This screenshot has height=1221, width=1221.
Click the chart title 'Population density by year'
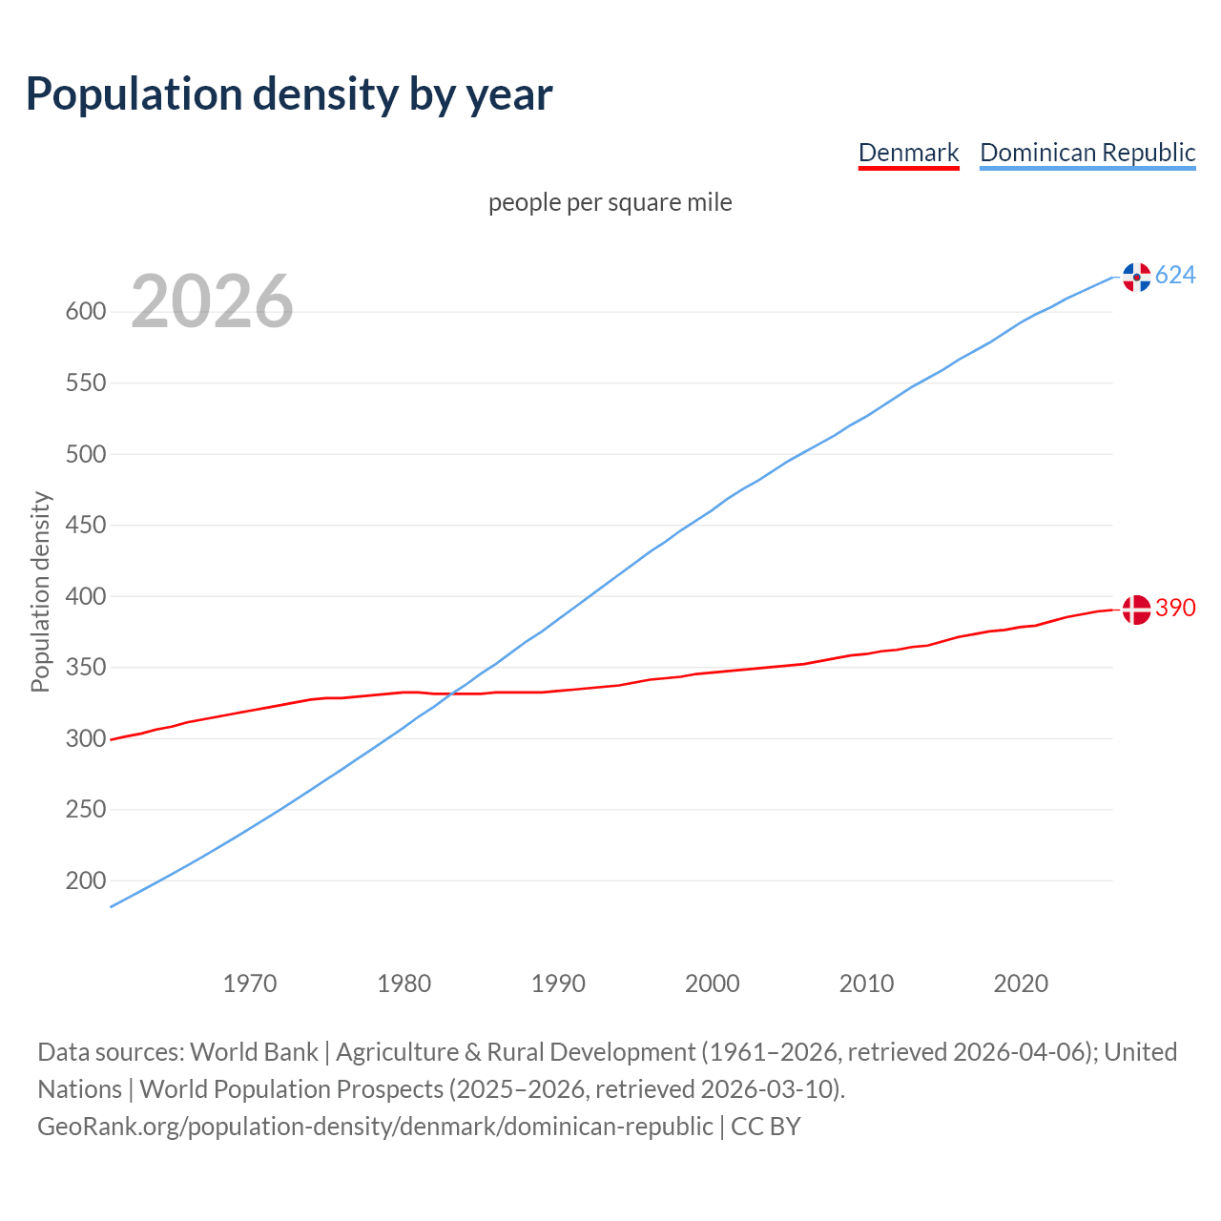tap(289, 93)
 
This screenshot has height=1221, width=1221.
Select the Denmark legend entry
tap(908, 153)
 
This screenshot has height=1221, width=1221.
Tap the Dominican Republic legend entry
tap(1087, 153)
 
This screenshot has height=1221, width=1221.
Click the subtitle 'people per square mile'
tap(610, 202)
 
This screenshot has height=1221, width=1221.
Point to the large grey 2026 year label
tap(212, 301)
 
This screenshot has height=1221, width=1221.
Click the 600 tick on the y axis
tap(86, 312)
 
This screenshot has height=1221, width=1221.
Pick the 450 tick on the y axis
tap(86, 526)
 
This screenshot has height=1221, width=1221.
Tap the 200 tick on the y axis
tap(86, 880)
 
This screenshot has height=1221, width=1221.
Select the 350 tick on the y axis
tap(86, 668)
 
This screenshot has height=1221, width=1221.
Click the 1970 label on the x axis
tap(250, 983)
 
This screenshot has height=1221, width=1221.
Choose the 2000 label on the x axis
tap(713, 983)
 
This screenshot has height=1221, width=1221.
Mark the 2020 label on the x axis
tap(1021, 983)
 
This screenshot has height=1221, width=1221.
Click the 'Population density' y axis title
tap(40, 591)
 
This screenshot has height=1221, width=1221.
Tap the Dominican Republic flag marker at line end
tap(1136, 277)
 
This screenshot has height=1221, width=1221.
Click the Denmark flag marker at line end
tap(1136, 609)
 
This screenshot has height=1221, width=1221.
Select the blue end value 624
tap(1175, 276)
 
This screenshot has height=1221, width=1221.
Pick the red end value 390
tap(1175, 608)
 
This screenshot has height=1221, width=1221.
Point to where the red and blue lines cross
tap(451, 693)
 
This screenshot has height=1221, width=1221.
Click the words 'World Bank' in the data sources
tap(254, 1052)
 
